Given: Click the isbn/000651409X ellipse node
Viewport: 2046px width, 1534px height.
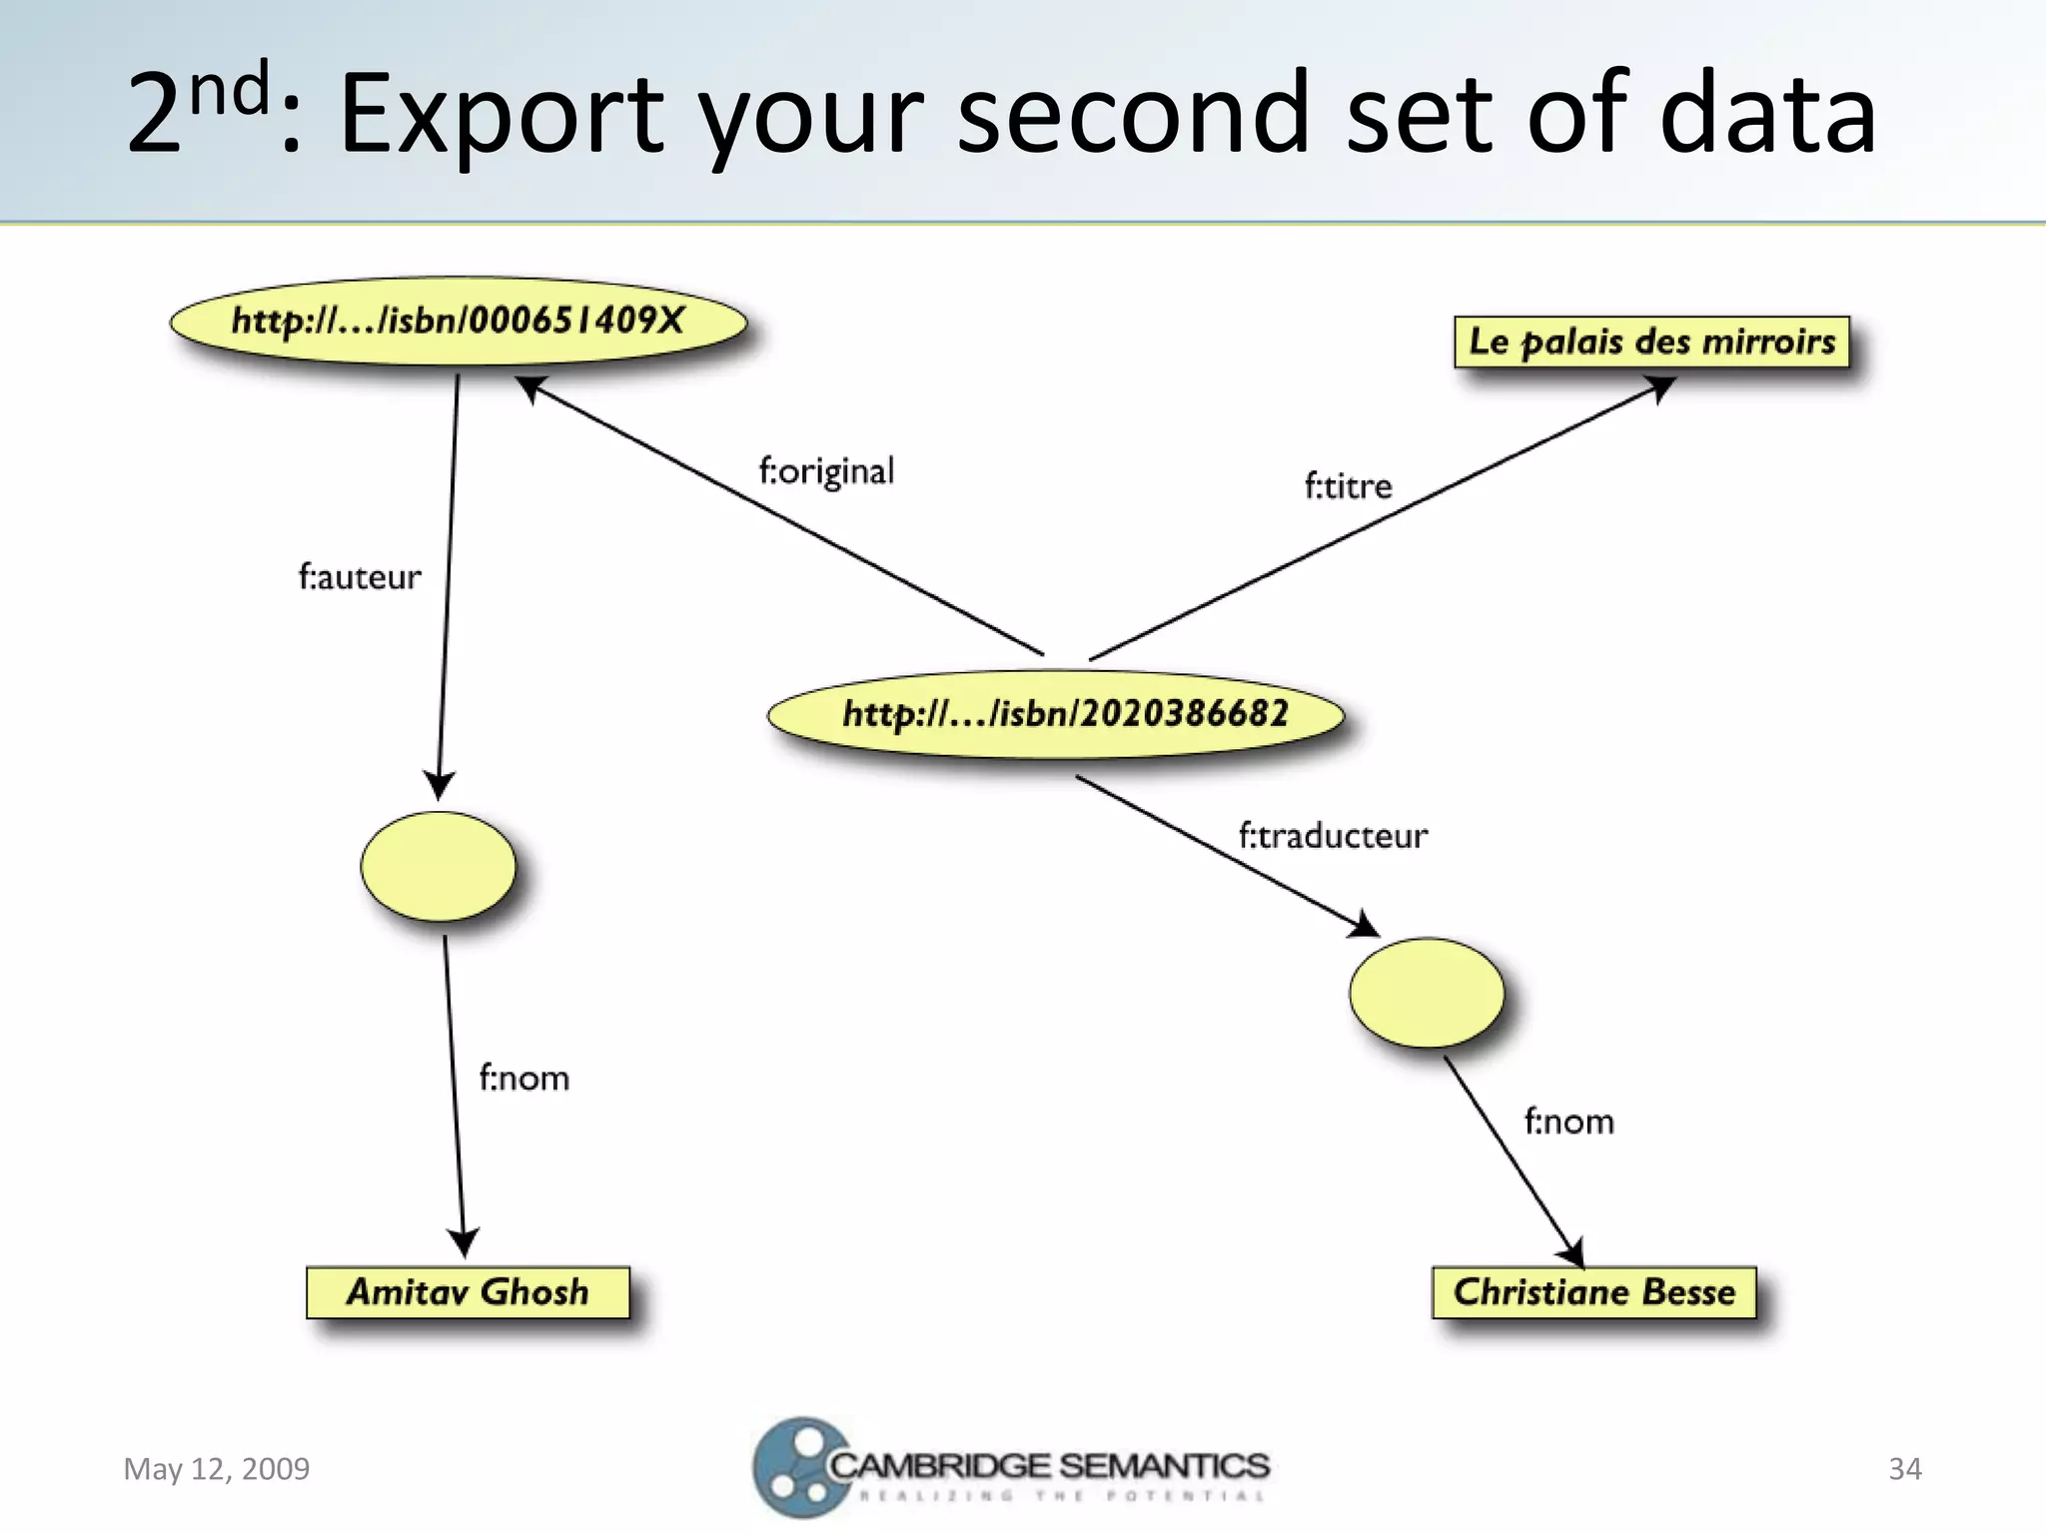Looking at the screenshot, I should [x=459, y=322].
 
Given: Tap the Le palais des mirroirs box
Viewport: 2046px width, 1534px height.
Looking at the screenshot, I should [x=1651, y=342].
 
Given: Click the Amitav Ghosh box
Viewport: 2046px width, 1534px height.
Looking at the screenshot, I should [x=468, y=1292].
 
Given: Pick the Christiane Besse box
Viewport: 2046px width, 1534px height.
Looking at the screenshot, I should [x=1594, y=1292].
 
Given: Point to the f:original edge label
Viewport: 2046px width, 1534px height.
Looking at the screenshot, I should [x=826, y=470].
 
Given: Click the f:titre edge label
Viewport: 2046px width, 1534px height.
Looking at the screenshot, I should [x=1348, y=486].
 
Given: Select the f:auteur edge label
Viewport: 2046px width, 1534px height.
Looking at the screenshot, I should [x=360, y=577].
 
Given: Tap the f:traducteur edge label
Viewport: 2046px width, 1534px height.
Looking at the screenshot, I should [x=1333, y=835].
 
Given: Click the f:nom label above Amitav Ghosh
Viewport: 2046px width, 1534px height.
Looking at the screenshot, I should [x=523, y=1079].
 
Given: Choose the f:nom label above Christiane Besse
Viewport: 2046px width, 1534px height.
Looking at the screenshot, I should [x=1568, y=1122].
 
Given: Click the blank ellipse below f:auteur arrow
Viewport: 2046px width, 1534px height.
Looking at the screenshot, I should [x=439, y=866].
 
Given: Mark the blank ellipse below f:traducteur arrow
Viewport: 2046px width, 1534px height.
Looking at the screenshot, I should [x=1427, y=992].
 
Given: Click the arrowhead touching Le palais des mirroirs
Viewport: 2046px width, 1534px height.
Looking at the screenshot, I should [x=1661, y=387].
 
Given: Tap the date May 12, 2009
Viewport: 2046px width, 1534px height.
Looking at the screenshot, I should [x=216, y=1469].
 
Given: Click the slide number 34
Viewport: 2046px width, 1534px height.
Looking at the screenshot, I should [x=1904, y=1469].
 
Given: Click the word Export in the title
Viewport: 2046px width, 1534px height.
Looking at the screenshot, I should [x=501, y=114].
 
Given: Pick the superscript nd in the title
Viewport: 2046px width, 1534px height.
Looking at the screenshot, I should [x=230, y=88].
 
